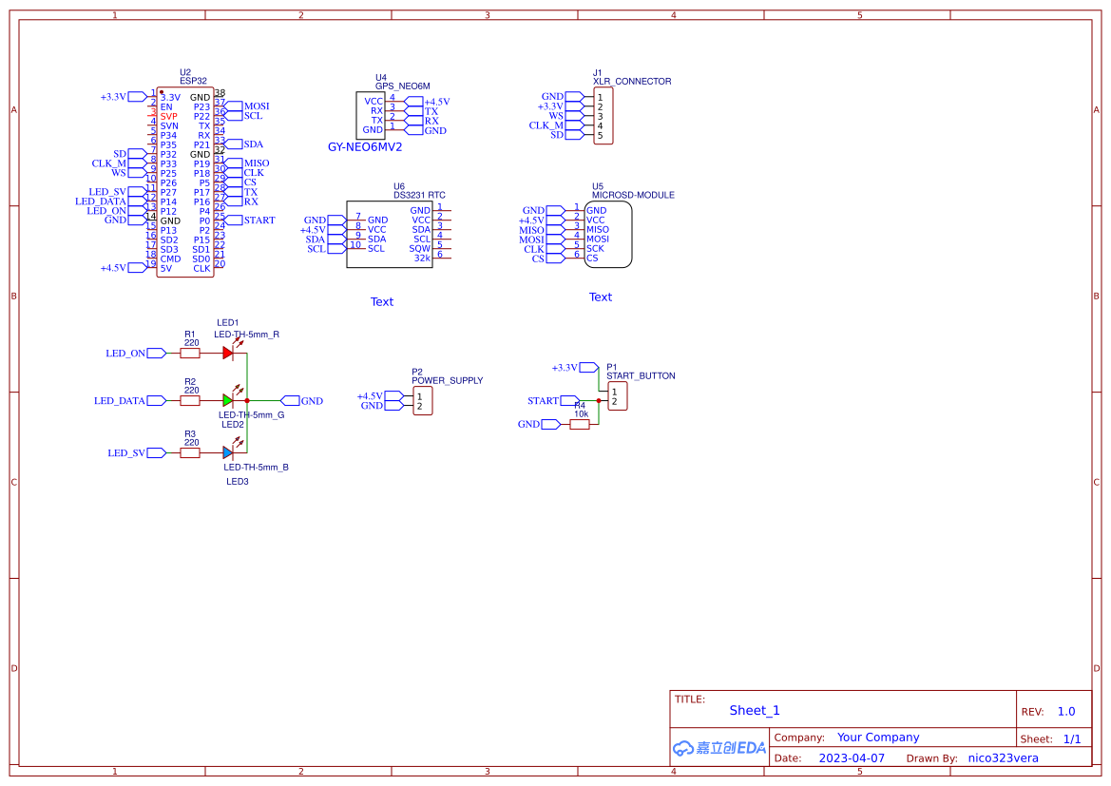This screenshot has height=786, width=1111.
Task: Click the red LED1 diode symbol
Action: tap(228, 353)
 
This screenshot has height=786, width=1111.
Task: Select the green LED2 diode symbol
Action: tap(228, 400)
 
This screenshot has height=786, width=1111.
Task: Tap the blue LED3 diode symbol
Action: tap(228, 453)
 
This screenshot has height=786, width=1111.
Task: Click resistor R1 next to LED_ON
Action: tap(190, 353)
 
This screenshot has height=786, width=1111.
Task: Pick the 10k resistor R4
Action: tap(580, 424)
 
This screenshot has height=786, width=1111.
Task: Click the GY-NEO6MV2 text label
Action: tap(365, 147)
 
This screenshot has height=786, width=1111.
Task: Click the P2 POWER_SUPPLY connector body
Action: tap(422, 401)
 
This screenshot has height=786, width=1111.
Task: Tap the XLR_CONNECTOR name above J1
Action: tap(632, 82)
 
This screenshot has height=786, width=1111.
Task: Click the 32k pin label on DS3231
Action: tap(422, 258)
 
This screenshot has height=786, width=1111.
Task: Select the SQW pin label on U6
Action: tap(420, 248)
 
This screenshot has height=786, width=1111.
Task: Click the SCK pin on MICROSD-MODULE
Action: tap(595, 248)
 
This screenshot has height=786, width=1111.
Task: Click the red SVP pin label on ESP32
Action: tap(168, 116)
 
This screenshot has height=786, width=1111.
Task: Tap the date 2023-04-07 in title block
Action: tap(852, 758)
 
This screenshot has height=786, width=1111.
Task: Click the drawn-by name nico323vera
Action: tap(1003, 758)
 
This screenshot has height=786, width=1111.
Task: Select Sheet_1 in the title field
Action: tap(755, 710)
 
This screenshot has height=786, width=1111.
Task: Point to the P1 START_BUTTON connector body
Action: tap(618, 396)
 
